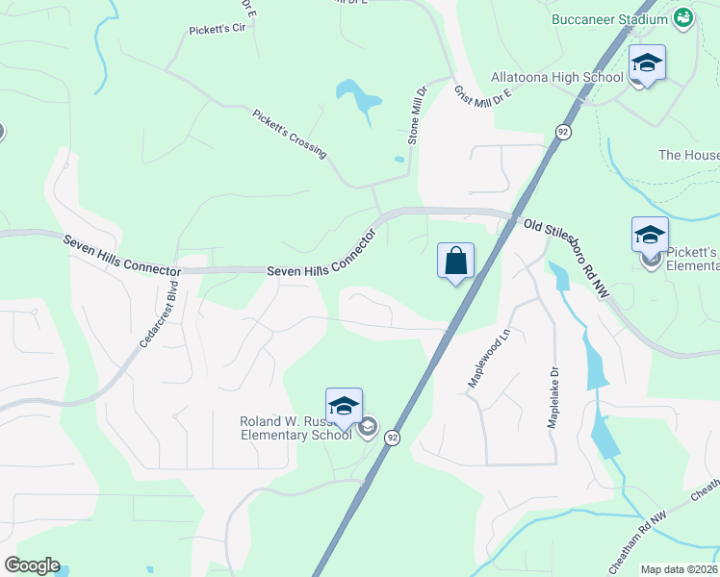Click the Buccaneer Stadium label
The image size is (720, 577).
pyautogui.click(x=609, y=19)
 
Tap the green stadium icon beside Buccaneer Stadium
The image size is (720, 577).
pyautogui.click(x=683, y=17)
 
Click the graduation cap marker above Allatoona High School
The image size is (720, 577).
pyautogui.click(x=647, y=63)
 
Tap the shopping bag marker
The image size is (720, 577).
pyautogui.click(x=455, y=261)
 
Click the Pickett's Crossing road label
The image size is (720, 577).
pyautogui.click(x=289, y=133)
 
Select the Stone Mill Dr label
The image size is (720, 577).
pyautogui.click(x=416, y=115)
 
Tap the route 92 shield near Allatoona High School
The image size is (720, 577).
pyautogui.click(x=563, y=131)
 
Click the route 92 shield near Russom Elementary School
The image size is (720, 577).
pyautogui.click(x=392, y=438)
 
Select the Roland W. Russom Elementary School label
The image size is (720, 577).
pyautogui.click(x=296, y=428)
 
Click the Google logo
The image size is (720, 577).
pyautogui.click(x=32, y=565)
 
